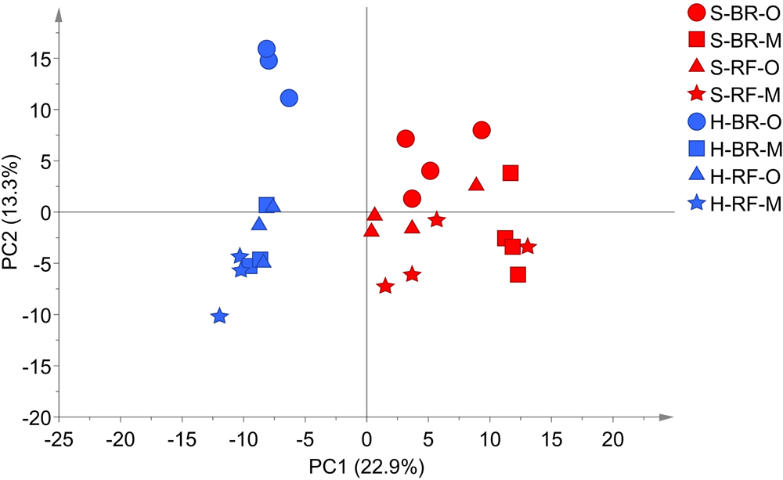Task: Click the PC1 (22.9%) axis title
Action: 366,467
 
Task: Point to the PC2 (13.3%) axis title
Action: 12,212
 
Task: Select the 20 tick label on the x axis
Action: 612,436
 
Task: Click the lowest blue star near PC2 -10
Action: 219,316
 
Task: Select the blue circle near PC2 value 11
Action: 288,98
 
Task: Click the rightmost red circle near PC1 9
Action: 482,130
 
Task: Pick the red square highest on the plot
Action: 511,173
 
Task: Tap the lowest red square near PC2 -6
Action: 518,274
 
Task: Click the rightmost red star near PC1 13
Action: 528,247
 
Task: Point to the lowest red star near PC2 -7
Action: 384,287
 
